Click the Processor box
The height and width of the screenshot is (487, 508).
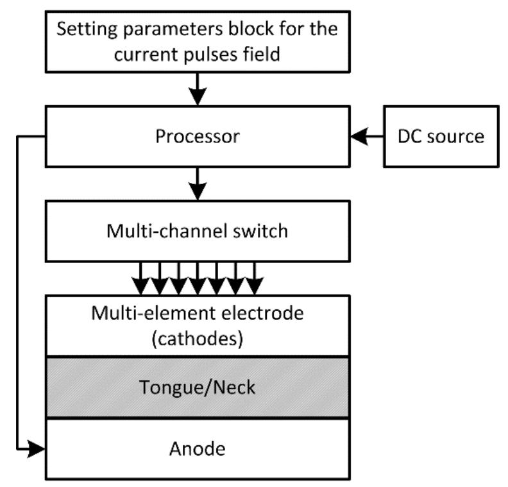(x=198, y=137)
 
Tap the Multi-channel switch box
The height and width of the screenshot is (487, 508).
(x=198, y=230)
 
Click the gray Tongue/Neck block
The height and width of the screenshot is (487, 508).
(x=198, y=388)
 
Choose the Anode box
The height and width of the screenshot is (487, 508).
(x=198, y=448)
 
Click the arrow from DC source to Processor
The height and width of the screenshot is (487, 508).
(x=366, y=137)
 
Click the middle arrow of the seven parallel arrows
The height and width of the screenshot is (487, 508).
(x=198, y=276)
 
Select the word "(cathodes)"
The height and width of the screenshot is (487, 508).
(x=198, y=338)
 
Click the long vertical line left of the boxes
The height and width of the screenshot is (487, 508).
(x=18, y=289)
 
